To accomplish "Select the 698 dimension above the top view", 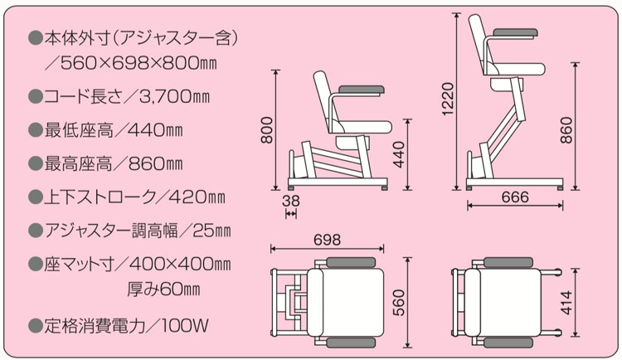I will tap(328, 239).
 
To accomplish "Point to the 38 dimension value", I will tap(290, 201).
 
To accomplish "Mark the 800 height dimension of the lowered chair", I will tap(267, 129).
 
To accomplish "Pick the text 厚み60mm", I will tap(164, 290).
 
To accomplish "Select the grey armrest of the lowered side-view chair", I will tap(359, 88).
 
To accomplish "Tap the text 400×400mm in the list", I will tap(181, 264).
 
